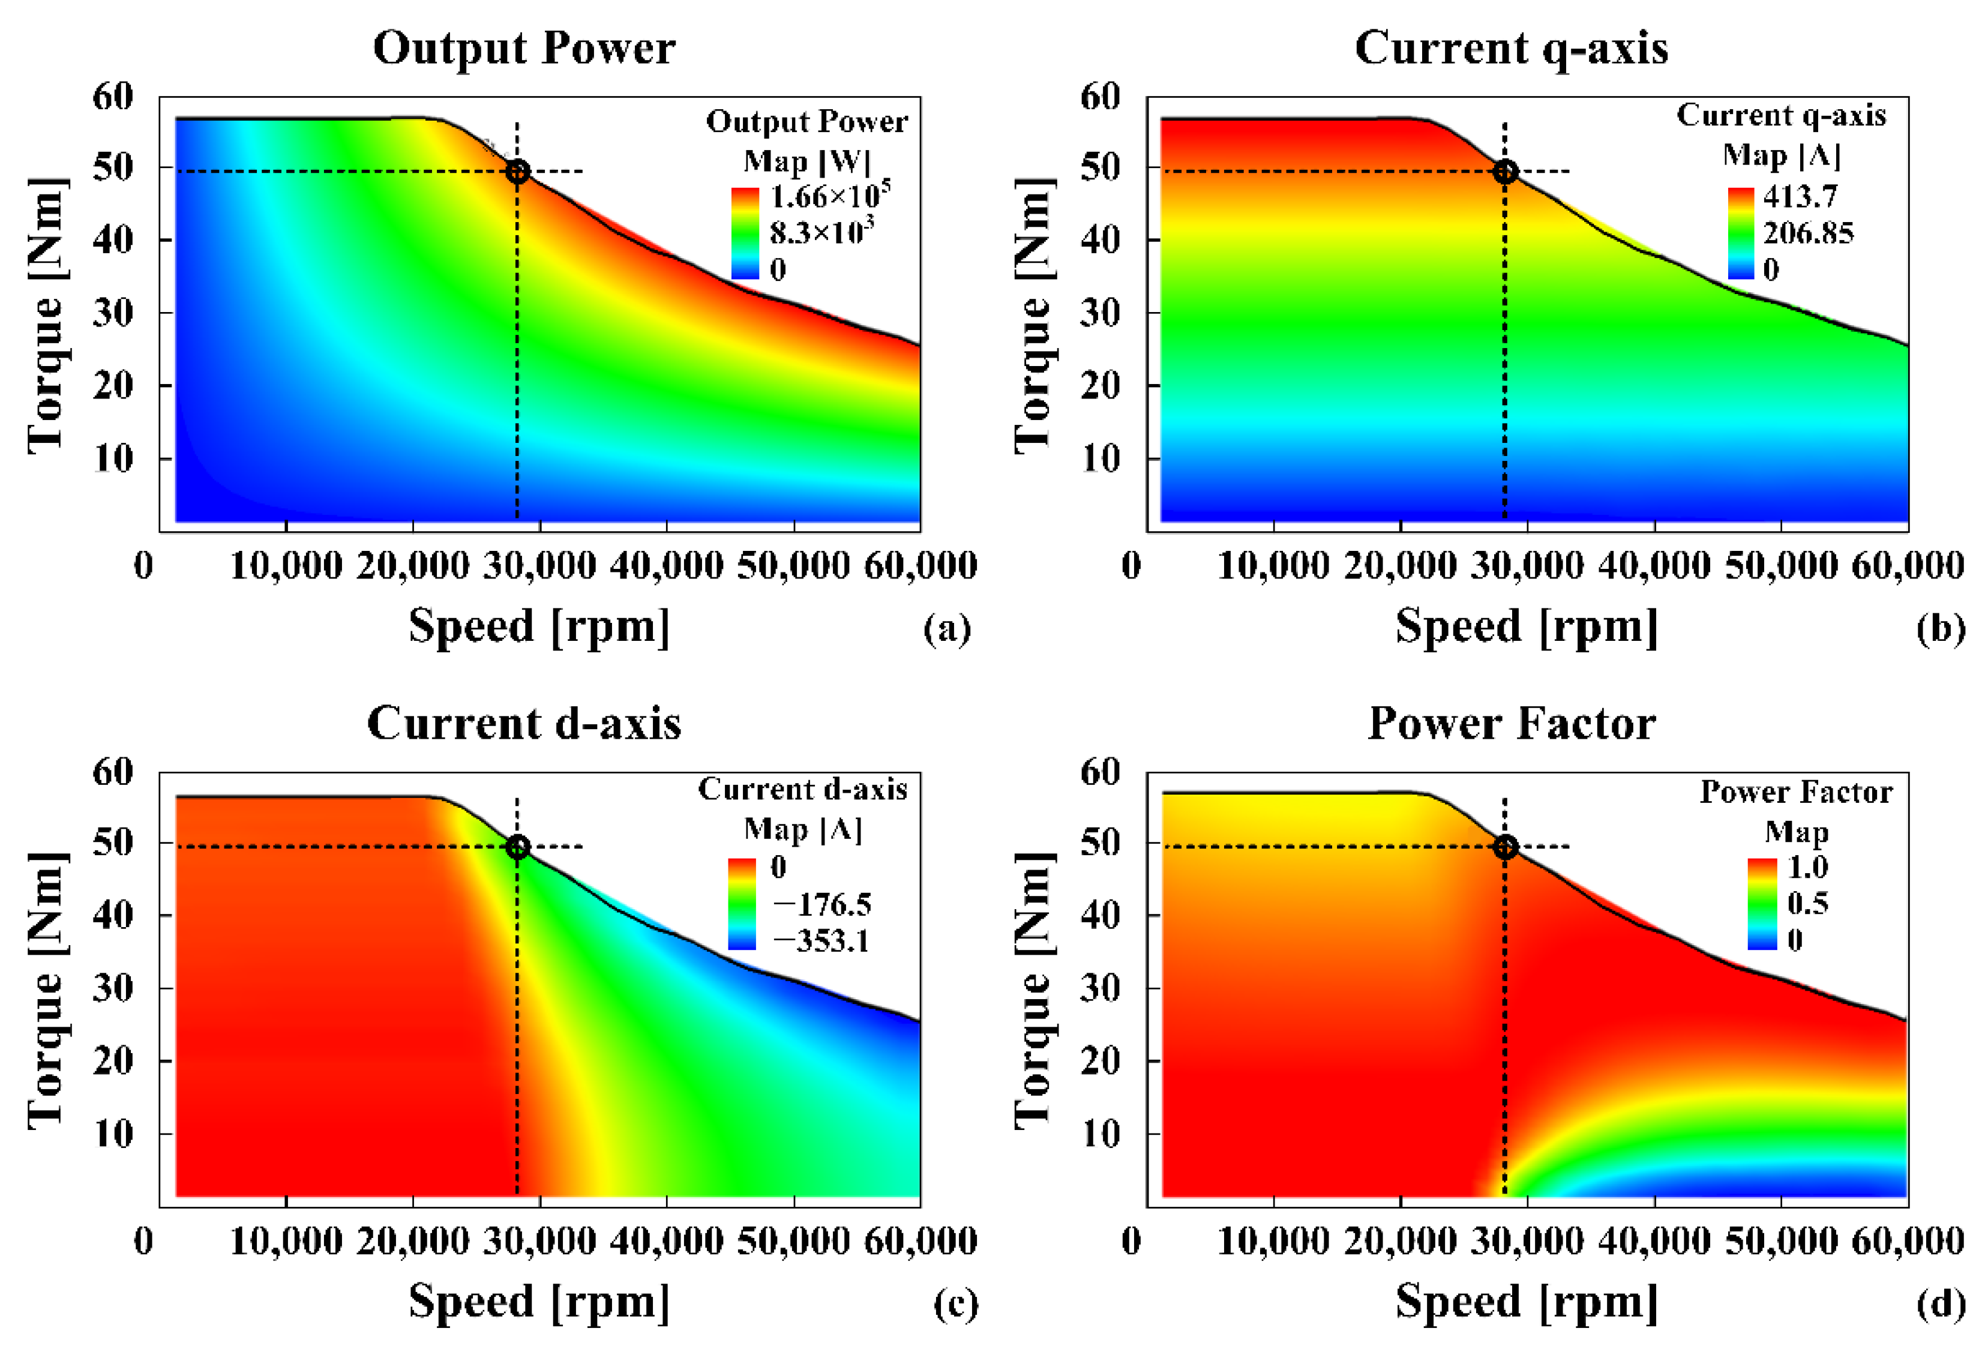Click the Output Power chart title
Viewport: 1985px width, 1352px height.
coord(524,48)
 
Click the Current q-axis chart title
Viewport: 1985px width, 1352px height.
coord(1511,48)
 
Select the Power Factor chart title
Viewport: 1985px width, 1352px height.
coord(1511,723)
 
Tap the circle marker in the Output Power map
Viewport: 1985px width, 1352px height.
coord(517,172)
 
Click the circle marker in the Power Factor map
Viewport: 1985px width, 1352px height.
coord(1505,847)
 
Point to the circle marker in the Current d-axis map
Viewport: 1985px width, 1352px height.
coord(517,847)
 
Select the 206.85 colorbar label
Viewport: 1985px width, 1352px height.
coord(1808,233)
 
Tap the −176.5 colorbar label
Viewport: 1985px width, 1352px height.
coord(821,904)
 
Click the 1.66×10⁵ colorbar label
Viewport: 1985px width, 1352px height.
coord(829,196)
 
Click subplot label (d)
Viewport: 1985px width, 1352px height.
coord(1941,1305)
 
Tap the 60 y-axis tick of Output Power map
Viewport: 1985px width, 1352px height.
coord(113,97)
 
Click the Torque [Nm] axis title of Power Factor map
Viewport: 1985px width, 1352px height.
coord(1033,991)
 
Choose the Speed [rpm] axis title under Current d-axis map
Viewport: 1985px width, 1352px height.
coord(539,1302)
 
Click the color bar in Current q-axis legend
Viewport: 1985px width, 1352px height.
coord(1741,233)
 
